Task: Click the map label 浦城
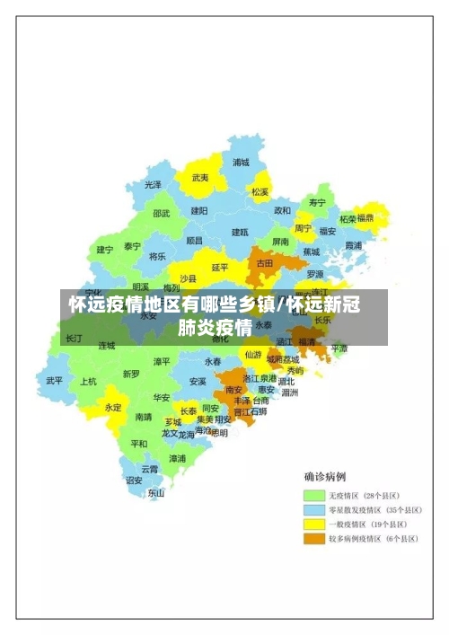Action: point(241,163)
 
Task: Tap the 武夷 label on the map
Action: point(200,178)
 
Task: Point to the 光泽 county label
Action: point(154,184)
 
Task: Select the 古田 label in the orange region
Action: point(265,264)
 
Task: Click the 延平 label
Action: point(220,267)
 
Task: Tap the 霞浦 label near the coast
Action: point(353,244)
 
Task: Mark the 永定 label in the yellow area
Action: point(113,407)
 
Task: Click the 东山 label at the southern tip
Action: point(156,492)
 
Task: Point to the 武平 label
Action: point(55,381)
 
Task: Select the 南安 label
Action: point(234,390)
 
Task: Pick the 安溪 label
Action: point(198,381)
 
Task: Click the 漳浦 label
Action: point(178,458)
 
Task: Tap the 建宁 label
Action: point(105,250)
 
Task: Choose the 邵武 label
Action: point(161,214)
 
